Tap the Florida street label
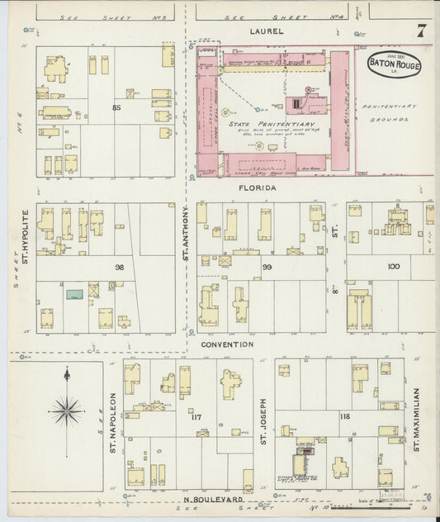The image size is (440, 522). pyautogui.click(x=258, y=188)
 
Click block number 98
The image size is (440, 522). pyautogui.click(x=119, y=267)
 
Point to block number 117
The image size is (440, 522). pyautogui.click(x=196, y=418)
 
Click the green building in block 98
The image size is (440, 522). pyautogui.click(x=75, y=293)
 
